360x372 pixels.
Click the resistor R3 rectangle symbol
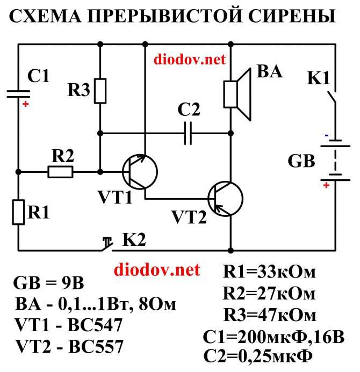100,91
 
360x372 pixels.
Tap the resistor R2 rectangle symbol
60,172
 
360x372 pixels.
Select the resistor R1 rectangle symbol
18,212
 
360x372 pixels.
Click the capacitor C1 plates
18,94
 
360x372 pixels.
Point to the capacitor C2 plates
188,133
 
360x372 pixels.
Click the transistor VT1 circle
140,172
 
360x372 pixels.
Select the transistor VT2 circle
225,199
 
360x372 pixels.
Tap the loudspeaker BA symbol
237,94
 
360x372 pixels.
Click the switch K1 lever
332,98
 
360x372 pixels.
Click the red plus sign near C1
25,104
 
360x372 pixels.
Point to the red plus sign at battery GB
326,185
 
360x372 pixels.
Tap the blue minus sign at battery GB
327,135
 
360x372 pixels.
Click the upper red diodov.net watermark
189,59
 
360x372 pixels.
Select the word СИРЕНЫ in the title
291,16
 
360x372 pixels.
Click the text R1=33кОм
269,272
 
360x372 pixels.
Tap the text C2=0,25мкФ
258,356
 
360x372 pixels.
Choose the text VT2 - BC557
69,346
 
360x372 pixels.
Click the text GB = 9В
49,283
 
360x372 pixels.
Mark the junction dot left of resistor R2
18,172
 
